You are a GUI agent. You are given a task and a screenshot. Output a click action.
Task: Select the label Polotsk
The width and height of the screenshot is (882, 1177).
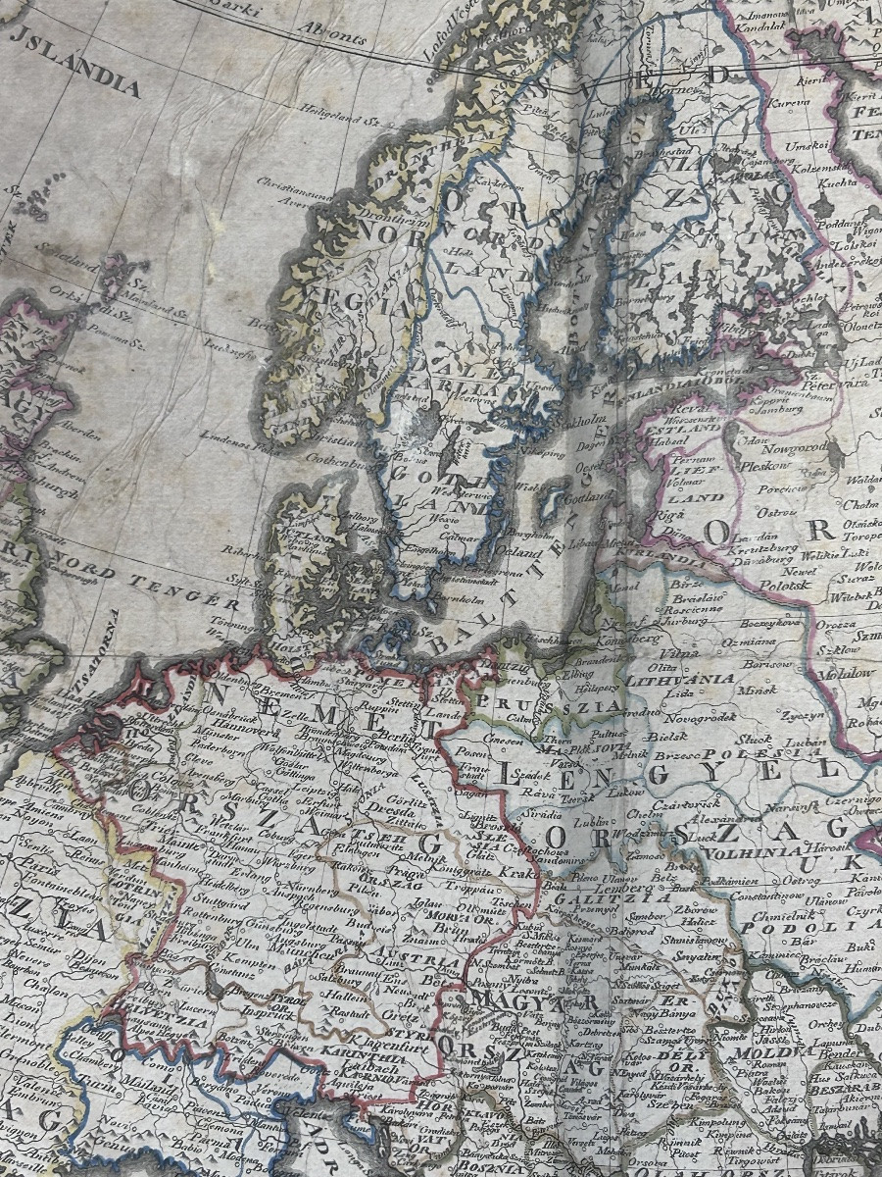tap(780, 585)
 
